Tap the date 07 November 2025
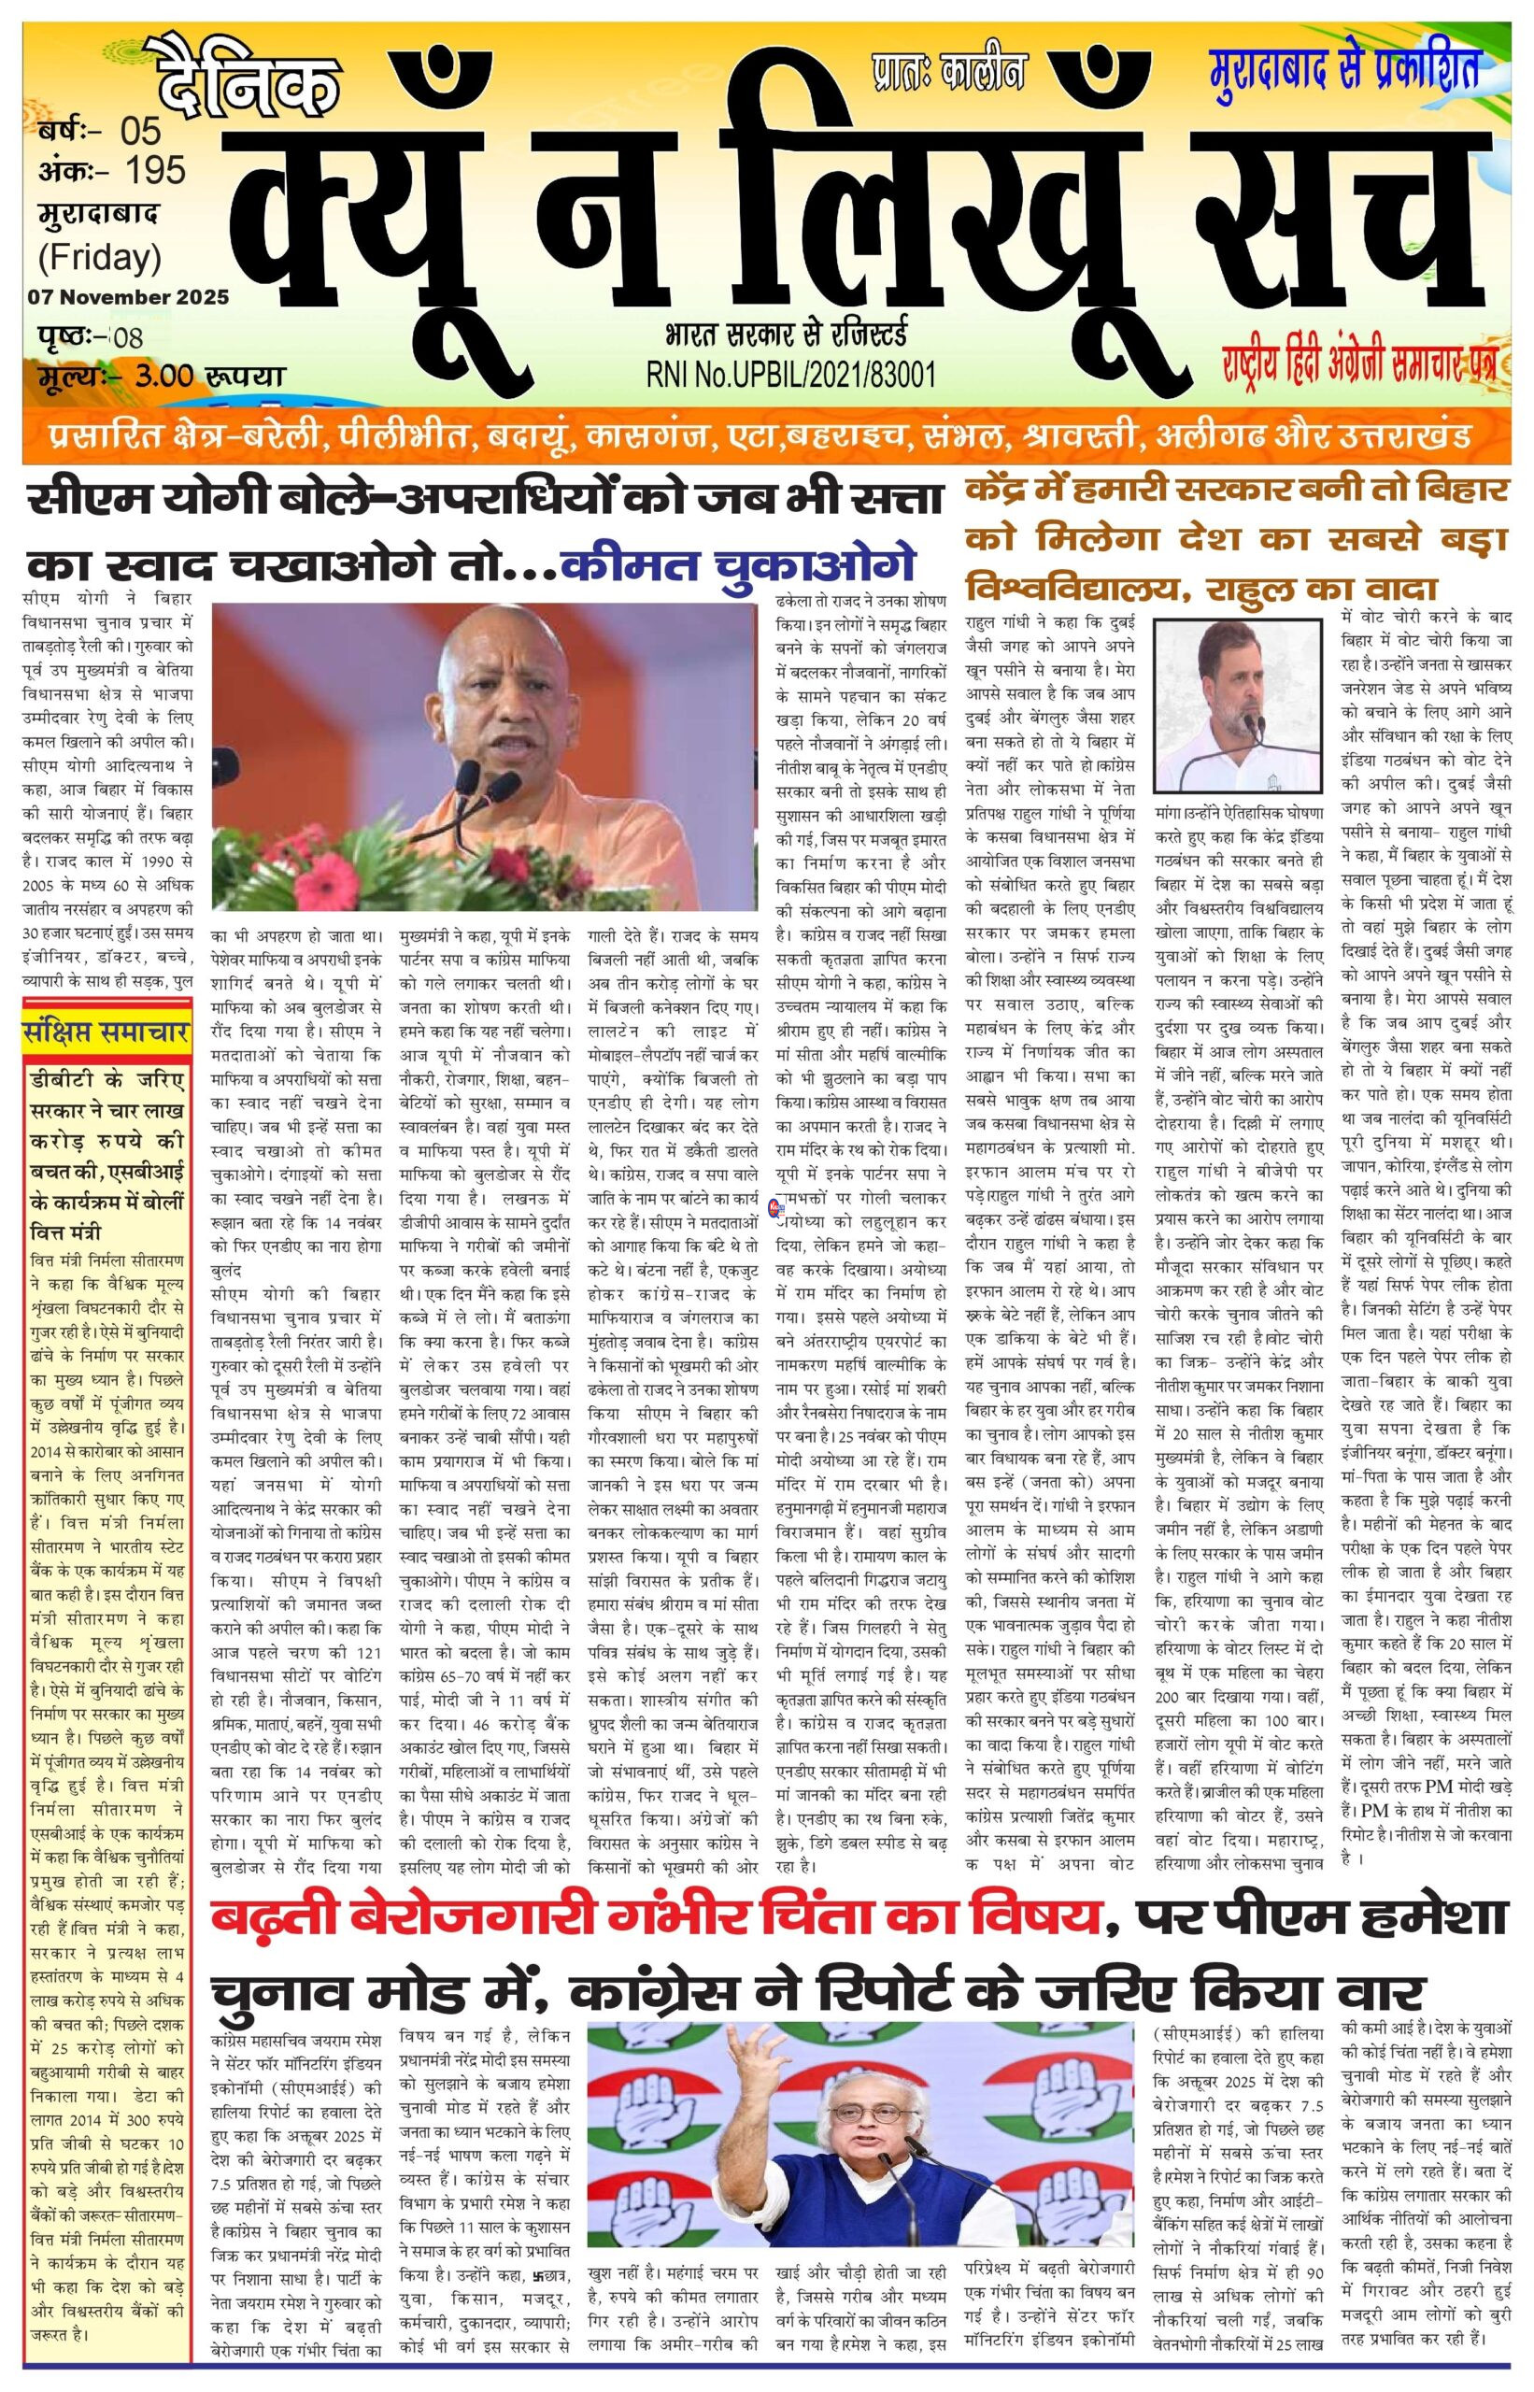point(129,297)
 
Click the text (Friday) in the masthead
point(100,258)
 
